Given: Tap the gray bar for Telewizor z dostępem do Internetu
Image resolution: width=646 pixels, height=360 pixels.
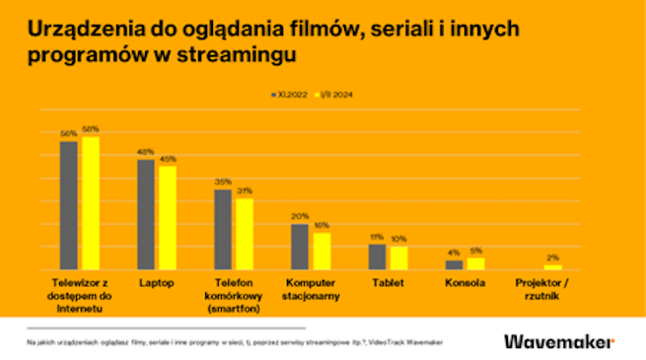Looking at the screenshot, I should (x=69, y=205).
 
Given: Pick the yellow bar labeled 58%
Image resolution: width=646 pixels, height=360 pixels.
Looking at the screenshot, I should (x=90, y=203).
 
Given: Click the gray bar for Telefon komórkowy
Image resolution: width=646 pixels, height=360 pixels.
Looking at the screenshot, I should (x=223, y=229).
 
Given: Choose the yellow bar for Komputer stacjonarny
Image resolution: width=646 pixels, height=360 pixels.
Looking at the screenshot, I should (x=321, y=251).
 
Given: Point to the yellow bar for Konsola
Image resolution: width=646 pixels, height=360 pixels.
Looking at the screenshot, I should (x=475, y=263).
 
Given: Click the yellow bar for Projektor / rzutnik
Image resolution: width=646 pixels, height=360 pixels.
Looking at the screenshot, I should (x=552, y=266).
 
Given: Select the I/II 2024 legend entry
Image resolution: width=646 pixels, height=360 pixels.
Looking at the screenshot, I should (x=333, y=96).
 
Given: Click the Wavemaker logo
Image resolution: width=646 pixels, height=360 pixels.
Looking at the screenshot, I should (x=558, y=341).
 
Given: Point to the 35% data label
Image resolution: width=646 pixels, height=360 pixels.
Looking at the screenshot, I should (x=223, y=182).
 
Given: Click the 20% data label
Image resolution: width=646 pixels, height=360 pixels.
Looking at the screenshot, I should (x=300, y=216).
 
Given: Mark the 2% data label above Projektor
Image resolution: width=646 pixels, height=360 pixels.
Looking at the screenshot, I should (x=552, y=257).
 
